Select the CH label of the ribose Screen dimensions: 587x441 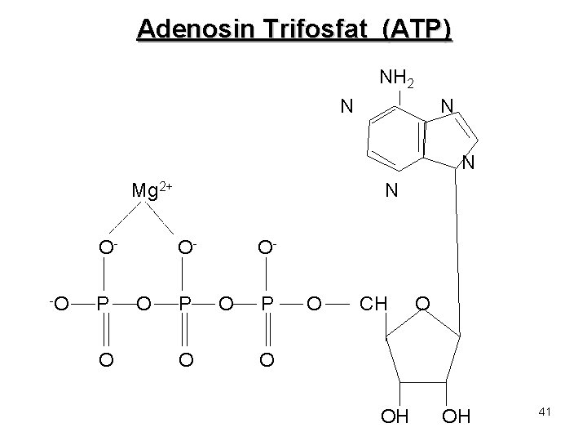click(374, 305)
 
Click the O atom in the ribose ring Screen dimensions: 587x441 click(423, 305)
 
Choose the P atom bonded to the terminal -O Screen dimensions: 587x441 click(103, 305)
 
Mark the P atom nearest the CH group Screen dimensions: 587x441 click(266, 305)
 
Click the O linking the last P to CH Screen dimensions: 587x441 click(314, 305)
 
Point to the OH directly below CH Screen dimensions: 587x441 click(396, 419)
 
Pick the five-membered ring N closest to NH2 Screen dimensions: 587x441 click(446, 107)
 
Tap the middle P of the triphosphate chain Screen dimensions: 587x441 click(186, 305)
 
